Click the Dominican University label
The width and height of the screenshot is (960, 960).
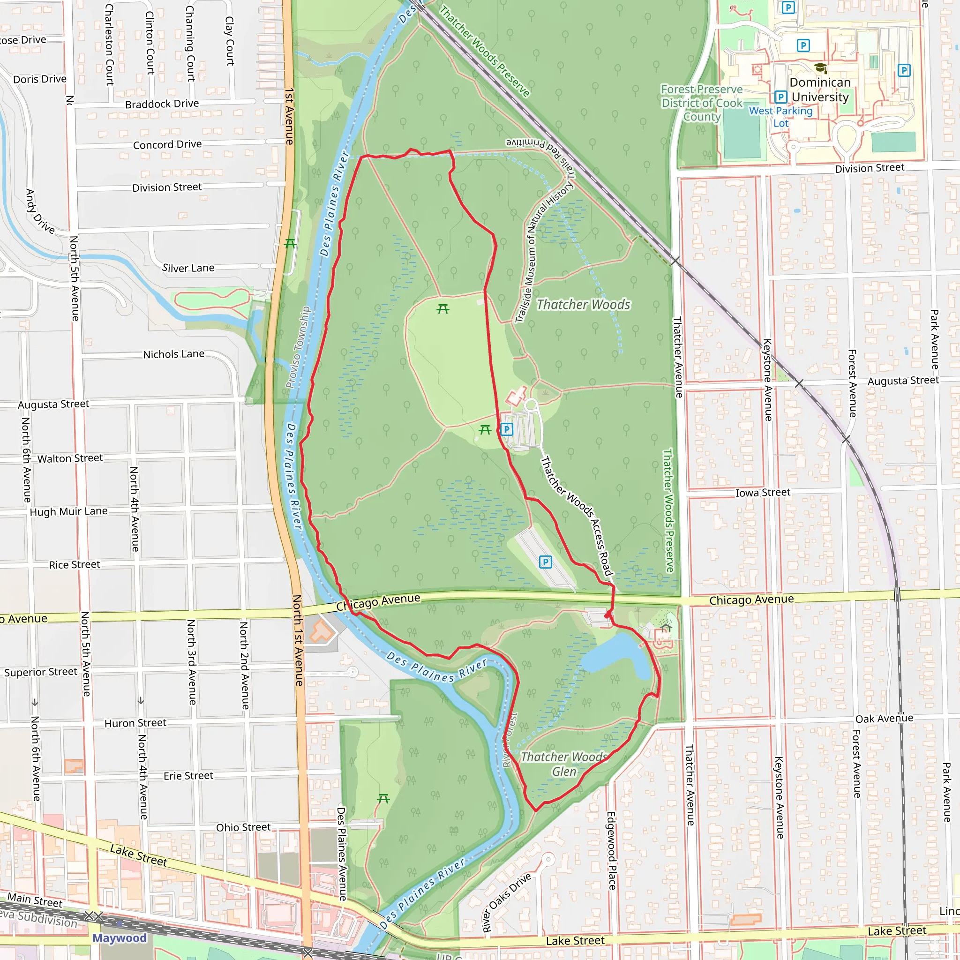coord(820,90)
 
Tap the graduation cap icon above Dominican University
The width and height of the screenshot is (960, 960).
coord(820,67)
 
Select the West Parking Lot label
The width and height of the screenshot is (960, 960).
coord(780,117)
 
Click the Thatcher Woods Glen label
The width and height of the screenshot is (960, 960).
coord(564,764)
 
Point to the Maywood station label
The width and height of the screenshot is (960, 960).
coord(119,937)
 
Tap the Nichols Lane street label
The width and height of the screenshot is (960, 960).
coord(173,354)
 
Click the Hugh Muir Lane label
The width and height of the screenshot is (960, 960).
coord(68,511)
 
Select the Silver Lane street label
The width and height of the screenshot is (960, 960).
coord(188,268)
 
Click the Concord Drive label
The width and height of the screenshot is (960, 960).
coord(167,144)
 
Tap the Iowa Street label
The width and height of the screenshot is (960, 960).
coord(763,493)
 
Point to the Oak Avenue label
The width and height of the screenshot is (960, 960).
coord(884,719)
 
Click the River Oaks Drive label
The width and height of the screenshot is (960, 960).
coord(506,902)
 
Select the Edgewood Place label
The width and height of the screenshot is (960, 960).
coord(611,851)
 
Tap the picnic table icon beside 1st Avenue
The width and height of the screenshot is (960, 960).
coord(290,243)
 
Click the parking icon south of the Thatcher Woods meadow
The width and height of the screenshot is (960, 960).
coord(506,429)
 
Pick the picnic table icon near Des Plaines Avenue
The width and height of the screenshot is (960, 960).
coord(383,798)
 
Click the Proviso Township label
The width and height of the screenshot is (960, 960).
coord(298,347)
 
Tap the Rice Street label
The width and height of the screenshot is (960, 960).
coord(75,565)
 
